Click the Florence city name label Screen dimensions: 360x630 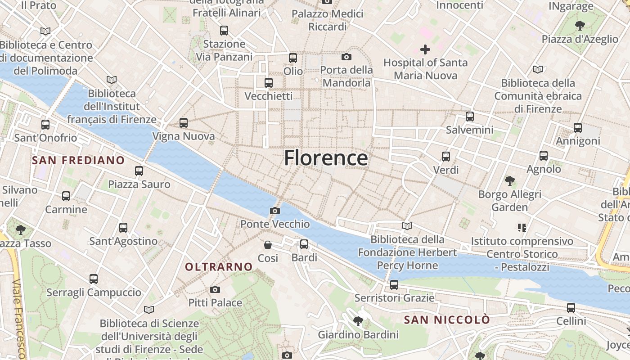coord(326,158)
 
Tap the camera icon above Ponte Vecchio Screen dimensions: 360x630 coord(274,211)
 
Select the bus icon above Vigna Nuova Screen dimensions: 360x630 coord(183,122)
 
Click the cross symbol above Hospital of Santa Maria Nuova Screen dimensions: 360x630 coord(425,49)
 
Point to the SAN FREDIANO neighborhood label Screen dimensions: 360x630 coord(78,160)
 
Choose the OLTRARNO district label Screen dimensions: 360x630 coord(219,267)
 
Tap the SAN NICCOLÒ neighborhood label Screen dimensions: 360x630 coord(447,320)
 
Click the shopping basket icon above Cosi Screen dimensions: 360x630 coord(268,245)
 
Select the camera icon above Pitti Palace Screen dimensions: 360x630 coord(215,289)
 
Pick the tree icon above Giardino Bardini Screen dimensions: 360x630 coord(358,321)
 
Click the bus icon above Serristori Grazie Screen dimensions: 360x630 coord(394,284)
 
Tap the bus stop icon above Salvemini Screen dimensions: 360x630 coord(470,117)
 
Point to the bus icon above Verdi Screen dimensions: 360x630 coord(445,156)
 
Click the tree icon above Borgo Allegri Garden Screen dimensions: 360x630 coord(509,181)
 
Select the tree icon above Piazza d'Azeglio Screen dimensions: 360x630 coord(580,25)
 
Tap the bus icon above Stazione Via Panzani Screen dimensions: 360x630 coord(224,31)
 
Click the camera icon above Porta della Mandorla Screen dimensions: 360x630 coord(346,57)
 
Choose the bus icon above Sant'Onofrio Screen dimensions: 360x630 coord(45,124)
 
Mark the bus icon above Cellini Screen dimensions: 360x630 coord(571,308)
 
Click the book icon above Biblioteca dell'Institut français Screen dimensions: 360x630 coord(112,80)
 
